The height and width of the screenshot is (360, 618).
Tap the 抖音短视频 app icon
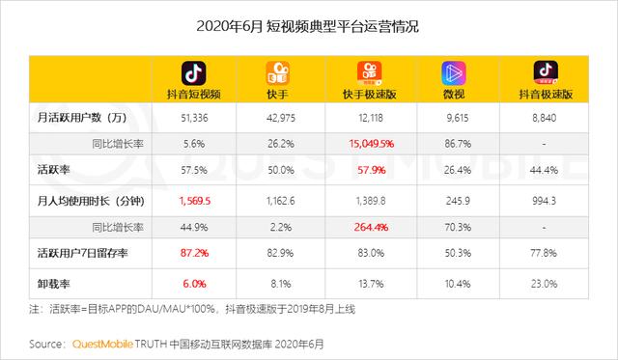click(194, 73)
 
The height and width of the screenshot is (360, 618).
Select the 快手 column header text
click(279, 96)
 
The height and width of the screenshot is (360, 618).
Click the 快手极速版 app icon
click(367, 73)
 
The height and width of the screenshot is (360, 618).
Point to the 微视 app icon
click(452, 73)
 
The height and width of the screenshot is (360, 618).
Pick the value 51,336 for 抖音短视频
click(194, 118)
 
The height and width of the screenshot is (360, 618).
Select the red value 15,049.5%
click(366, 143)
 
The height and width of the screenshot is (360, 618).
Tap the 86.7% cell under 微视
click(452, 143)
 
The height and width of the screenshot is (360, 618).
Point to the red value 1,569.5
click(194, 202)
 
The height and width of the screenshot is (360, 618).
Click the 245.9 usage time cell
click(452, 202)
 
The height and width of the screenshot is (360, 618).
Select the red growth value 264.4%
click(367, 227)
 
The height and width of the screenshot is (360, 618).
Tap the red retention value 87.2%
click(194, 253)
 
